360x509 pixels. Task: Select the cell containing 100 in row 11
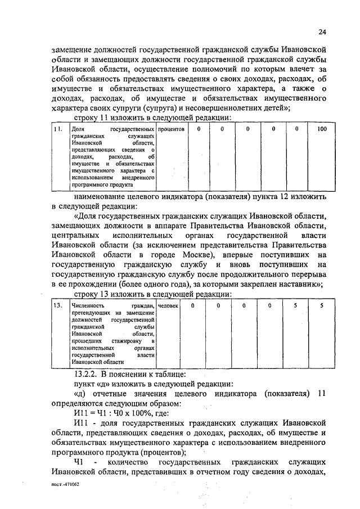click(322, 129)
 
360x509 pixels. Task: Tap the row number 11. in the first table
click(57, 129)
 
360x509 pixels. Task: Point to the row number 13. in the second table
click(57, 305)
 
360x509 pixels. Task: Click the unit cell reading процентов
click(172, 129)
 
